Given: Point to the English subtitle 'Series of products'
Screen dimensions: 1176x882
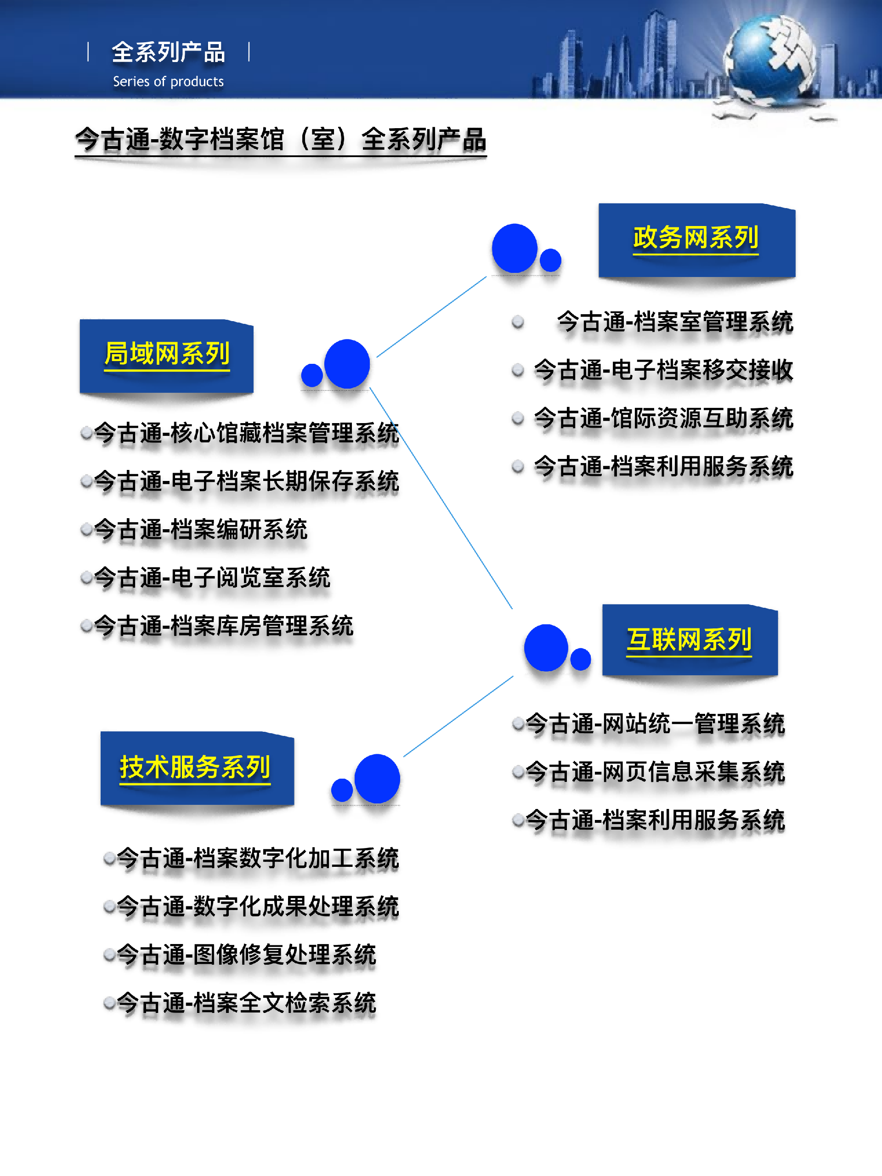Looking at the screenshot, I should point(168,81).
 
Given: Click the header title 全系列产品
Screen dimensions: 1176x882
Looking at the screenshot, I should point(168,52).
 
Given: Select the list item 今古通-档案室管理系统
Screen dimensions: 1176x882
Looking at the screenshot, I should point(674,322).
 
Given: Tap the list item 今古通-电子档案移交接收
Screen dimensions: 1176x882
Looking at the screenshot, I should point(663,370).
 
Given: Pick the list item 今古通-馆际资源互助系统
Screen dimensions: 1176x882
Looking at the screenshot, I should point(663,418).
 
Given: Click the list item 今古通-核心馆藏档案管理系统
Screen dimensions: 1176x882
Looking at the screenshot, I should point(246,433).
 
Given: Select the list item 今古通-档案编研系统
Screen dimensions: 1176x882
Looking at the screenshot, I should point(200,530).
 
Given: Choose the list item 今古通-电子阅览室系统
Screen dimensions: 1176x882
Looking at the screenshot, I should point(212,578).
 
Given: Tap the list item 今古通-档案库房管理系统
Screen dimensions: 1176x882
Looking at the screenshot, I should point(223,626).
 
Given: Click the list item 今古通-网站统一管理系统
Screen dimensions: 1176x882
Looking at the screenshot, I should point(655,724).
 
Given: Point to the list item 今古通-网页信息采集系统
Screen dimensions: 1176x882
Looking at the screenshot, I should point(655,772).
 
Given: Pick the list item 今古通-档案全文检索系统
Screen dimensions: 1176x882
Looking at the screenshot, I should point(246,1003).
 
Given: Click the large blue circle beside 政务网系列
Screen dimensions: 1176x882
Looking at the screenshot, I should point(514,248).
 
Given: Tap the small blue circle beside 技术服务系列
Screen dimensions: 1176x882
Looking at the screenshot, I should point(342,790).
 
